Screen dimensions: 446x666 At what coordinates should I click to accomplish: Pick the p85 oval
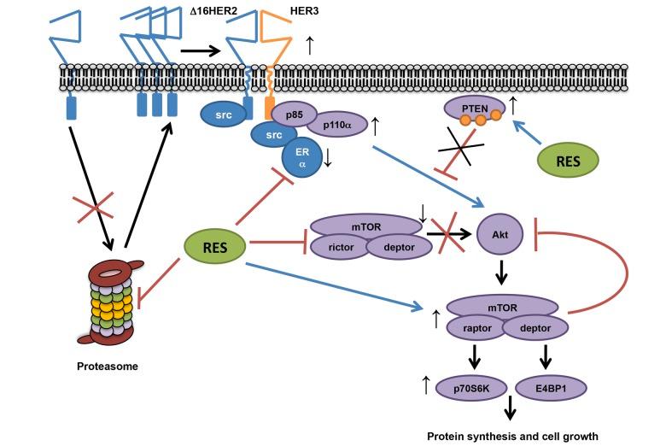[x=295, y=118]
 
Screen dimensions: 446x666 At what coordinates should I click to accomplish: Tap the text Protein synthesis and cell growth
[x=512, y=436]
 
